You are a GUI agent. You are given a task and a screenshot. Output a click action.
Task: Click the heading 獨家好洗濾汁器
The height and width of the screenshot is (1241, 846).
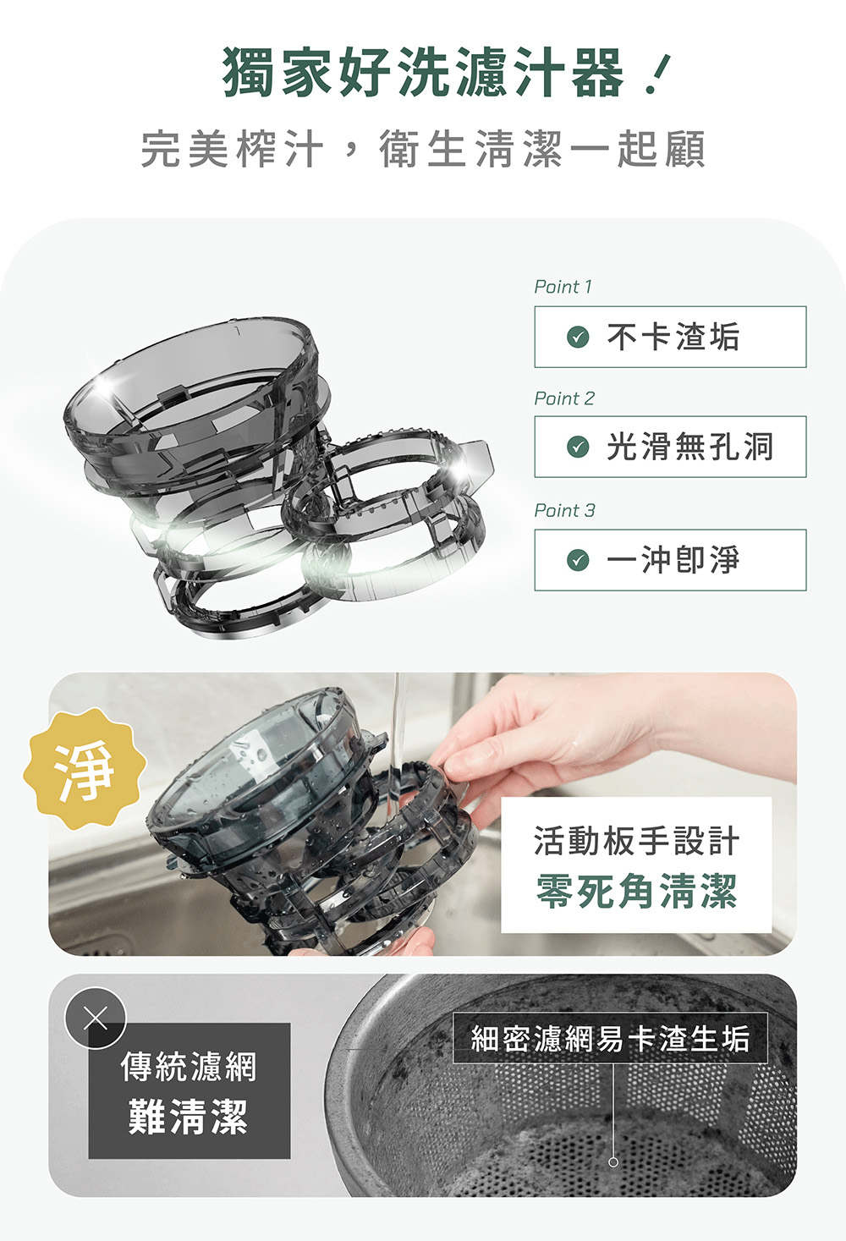tap(424, 72)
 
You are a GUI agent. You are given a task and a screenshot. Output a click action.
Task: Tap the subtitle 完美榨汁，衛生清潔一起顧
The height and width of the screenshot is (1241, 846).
tap(423, 149)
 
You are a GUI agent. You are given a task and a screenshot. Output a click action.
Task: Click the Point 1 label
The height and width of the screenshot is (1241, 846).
tap(563, 287)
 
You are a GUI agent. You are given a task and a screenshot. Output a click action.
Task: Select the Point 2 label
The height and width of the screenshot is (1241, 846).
tap(564, 398)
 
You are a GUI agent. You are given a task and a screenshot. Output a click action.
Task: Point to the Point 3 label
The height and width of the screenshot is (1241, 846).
tap(564, 510)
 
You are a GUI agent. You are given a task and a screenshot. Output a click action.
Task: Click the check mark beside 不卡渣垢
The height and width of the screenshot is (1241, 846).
tap(578, 337)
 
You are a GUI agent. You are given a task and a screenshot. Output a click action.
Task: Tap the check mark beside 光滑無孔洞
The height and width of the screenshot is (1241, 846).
tap(578, 447)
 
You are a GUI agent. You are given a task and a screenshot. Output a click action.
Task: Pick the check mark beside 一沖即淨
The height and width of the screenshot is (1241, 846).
tap(578, 559)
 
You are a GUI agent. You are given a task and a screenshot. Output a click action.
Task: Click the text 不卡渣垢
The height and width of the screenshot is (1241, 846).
tap(673, 337)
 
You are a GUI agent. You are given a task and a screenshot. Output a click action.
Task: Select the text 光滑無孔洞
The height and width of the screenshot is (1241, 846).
tap(689, 447)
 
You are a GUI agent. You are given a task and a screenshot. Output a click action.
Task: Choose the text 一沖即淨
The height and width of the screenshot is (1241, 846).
tap(673, 559)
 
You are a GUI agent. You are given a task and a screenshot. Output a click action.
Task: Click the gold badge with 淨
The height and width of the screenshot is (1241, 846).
tap(85, 768)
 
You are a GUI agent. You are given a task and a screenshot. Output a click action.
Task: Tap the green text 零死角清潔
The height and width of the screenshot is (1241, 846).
tap(636, 891)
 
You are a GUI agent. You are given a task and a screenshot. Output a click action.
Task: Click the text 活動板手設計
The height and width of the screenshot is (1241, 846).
tap(636, 840)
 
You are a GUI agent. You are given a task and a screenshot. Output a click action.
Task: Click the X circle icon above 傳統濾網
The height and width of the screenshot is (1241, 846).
tap(96, 1019)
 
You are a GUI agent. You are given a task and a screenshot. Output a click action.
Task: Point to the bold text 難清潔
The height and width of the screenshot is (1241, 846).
tap(189, 1117)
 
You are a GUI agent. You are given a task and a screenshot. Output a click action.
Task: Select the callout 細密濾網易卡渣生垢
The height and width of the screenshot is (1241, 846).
tap(610, 1038)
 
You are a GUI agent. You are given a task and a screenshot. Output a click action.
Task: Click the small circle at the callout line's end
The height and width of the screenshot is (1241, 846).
tap(613, 1162)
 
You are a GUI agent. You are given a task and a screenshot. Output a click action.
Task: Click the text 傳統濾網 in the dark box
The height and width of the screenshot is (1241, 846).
tap(189, 1067)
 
